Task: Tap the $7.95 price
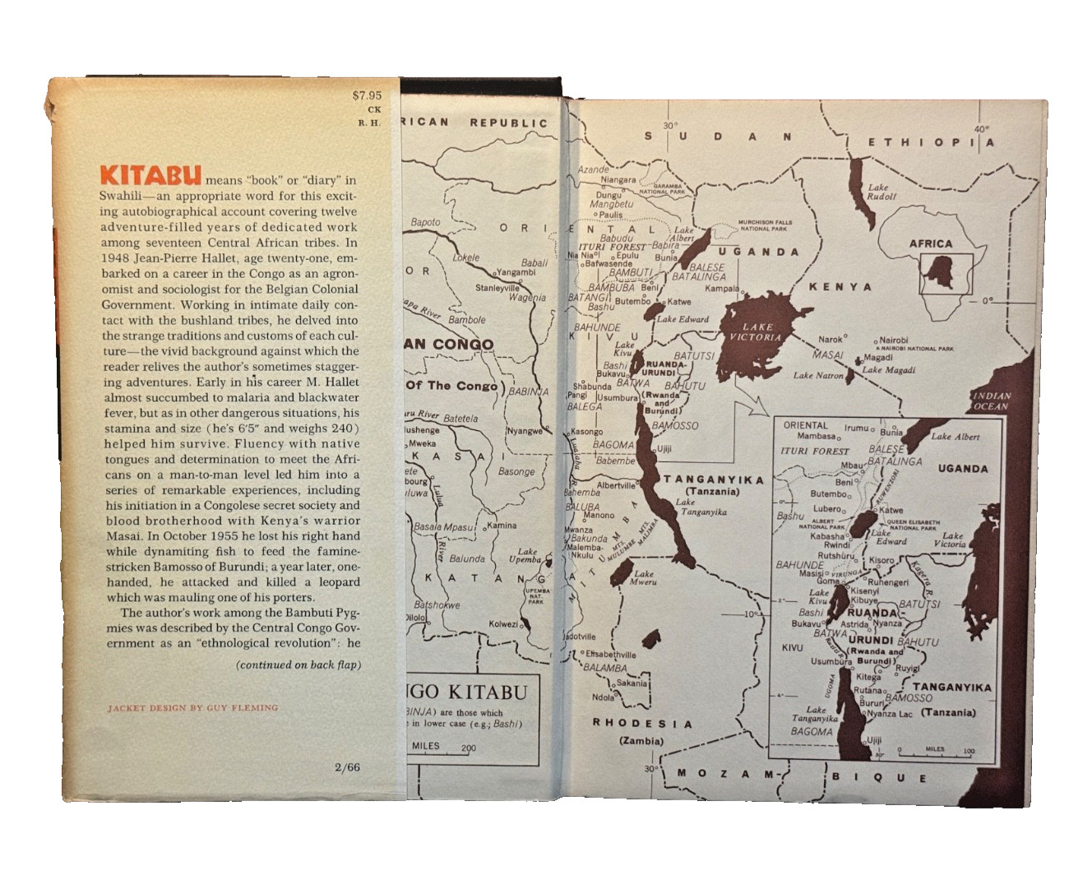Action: pyautogui.click(x=367, y=95)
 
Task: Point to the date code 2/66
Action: pyautogui.click(x=347, y=768)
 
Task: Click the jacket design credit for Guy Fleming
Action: pyautogui.click(x=192, y=707)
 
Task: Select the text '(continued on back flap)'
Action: pyautogui.click(x=298, y=665)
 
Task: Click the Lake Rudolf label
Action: pyautogui.click(x=882, y=192)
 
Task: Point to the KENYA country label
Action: pyautogui.click(x=840, y=286)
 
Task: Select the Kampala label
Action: pyautogui.click(x=721, y=289)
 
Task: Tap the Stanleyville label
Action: pyautogui.click(x=497, y=288)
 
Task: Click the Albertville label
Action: pyautogui.click(x=616, y=485)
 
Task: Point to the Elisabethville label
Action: pyautogui.click(x=610, y=655)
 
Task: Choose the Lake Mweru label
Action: pyautogui.click(x=644, y=578)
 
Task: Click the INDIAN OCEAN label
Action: pyautogui.click(x=991, y=401)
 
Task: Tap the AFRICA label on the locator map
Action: pyautogui.click(x=930, y=243)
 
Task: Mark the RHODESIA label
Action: pyautogui.click(x=642, y=724)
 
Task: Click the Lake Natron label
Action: pyautogui.click(x=818, y=375)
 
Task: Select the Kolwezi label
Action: pyautogui.click(x=503, y=623)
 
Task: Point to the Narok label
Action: pyautogui.click(x=830, y=339)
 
